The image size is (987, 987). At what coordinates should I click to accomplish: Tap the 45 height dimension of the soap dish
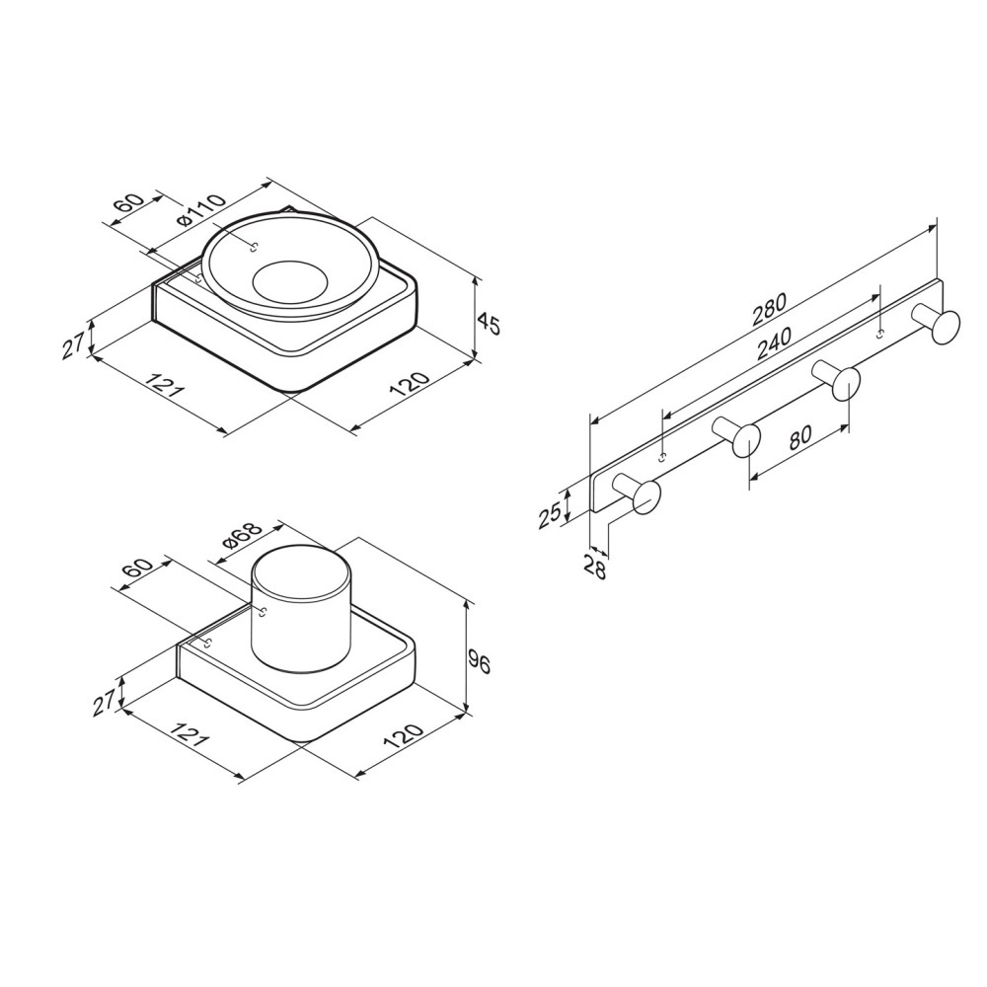[x=488, y=324]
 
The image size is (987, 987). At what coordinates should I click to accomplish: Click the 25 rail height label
[x=550, y=514]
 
